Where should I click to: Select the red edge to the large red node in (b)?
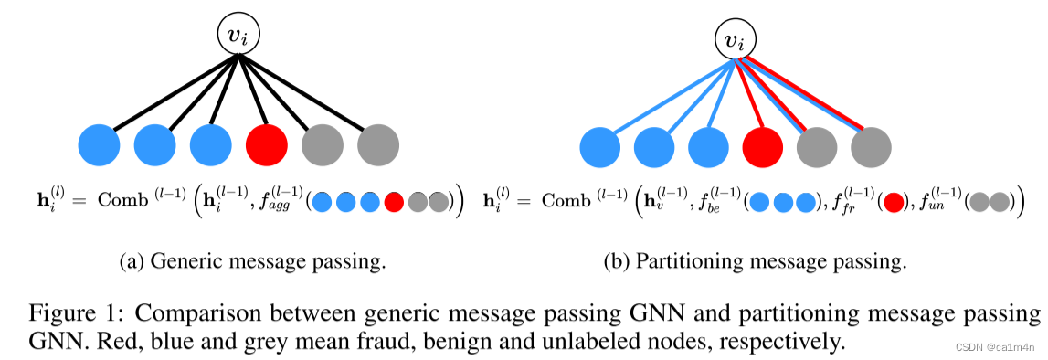coord(748,93)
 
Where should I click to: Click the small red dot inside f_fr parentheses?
coord(894,201)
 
